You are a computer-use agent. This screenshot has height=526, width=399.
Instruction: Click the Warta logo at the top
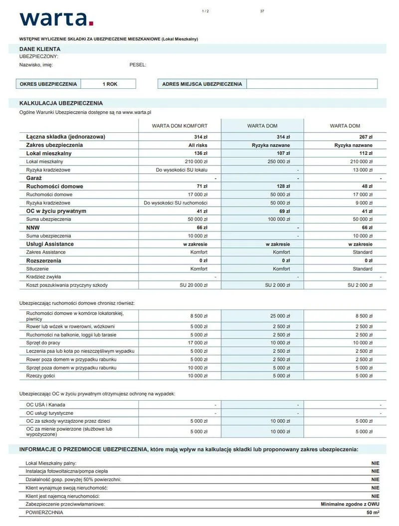click(x=56, y=18)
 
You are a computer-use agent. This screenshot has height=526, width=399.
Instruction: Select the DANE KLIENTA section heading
click(x=40, y=49)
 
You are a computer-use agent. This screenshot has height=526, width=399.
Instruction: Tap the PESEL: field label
click(x=138, y=64)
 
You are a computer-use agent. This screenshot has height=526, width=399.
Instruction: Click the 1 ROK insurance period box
click(x=110, y=84)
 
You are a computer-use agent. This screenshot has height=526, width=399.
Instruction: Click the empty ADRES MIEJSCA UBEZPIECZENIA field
click(x=312, y=84)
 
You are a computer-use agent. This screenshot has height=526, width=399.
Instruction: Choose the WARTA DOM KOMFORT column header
click(x=180, y=126)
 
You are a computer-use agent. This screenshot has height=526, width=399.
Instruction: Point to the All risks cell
click(x=198, y=145)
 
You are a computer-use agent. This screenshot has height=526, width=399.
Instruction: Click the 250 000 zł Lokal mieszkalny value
click(x=278, y=162)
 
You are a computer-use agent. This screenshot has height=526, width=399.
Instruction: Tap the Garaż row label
click(x=34, y=178)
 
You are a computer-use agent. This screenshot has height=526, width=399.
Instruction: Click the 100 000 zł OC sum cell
click(x=278, y=219)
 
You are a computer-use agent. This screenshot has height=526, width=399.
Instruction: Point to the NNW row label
click(x=33, y=228)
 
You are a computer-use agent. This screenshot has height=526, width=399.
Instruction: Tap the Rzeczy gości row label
click(x=40, y=375)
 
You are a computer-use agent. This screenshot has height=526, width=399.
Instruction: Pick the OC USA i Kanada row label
click(x=45, y=405)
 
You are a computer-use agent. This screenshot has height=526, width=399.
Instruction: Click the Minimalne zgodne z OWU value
click(x=350, y=504)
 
